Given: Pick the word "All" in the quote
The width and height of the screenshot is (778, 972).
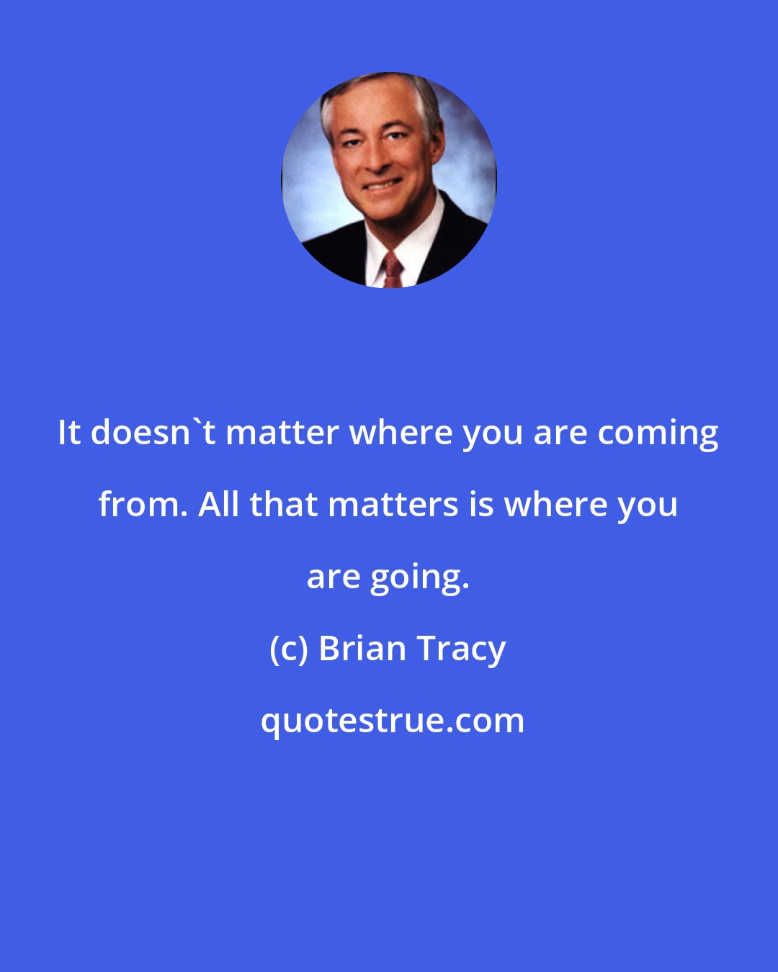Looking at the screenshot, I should (x=218, y=505).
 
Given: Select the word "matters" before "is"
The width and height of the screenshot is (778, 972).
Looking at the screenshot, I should (x=393, y=505).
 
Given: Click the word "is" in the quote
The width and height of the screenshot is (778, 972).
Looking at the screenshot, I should (x=481, y=505).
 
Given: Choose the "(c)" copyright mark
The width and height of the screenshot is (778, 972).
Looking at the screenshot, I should (x=289, y=649).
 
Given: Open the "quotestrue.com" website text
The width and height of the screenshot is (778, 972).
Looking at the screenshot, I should (x=393, y=721).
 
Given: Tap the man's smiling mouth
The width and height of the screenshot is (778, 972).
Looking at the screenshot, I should (x=383, y=185).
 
